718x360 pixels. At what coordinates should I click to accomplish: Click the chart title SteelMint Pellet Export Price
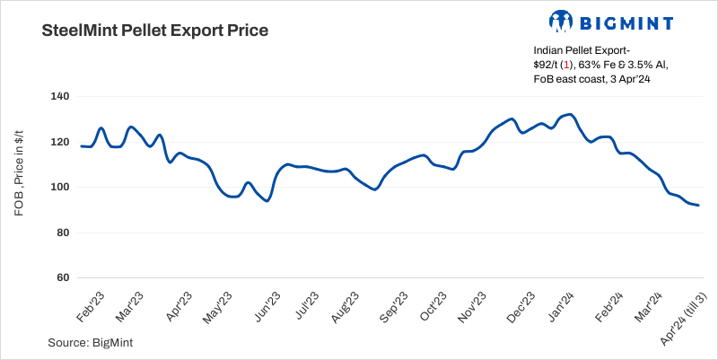pos(155,31)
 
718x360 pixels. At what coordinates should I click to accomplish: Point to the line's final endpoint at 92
pos(698,206)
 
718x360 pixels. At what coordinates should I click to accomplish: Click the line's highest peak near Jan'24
pos(571,114)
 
